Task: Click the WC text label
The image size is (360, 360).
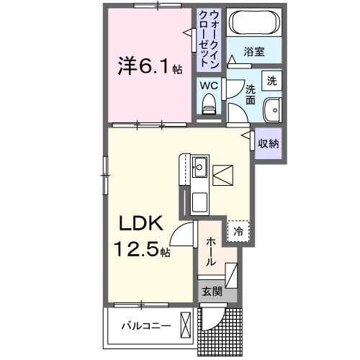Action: (208, 86)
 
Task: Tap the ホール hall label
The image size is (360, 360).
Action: (211, 253)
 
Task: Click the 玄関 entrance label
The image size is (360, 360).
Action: (211, 292)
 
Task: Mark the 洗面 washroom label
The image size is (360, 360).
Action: (251, 94)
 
